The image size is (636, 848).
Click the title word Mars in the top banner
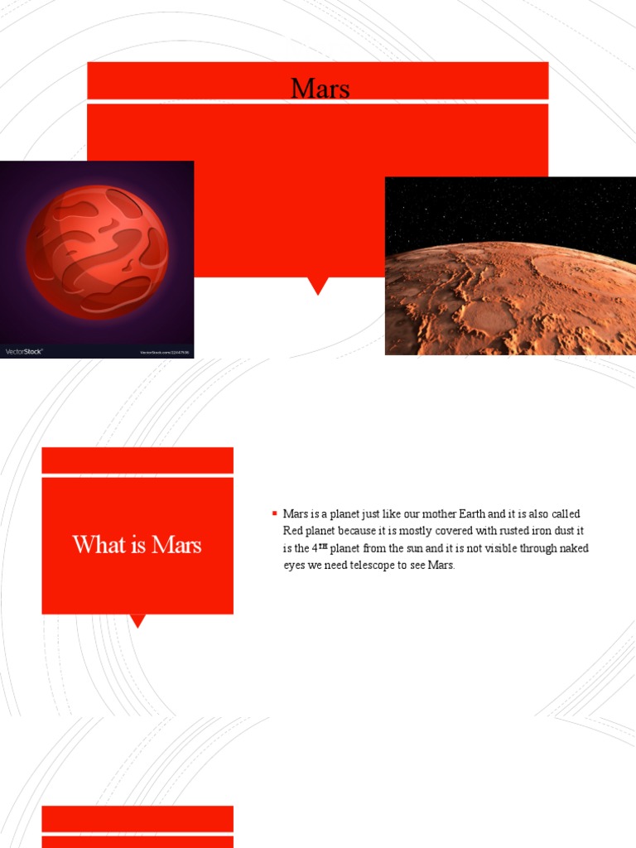click(320, 88)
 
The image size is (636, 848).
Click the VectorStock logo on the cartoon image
click(24, 351)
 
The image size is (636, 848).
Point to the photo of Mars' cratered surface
click(510, 296)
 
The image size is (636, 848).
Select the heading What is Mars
click(137, 544)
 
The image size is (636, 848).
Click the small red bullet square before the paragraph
click(274, 514)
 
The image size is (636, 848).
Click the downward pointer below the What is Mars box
click(138, 620)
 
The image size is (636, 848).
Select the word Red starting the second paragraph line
click(294, 531)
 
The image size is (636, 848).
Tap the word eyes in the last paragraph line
click(296, 566)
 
